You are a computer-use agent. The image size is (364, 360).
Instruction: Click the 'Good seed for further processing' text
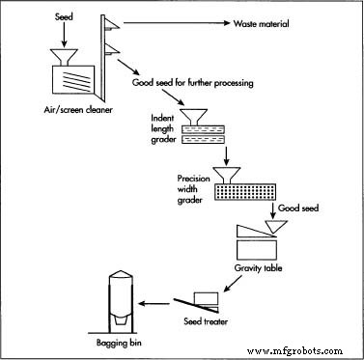coord(192,83)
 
